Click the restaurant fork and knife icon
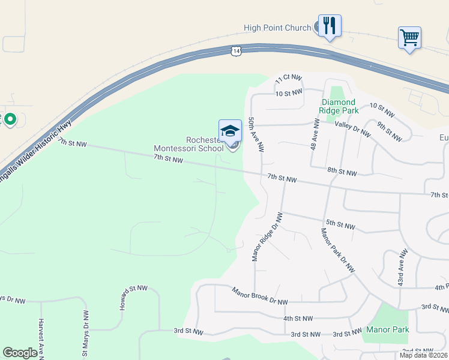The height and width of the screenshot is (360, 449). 330,25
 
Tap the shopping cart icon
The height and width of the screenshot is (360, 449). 409,38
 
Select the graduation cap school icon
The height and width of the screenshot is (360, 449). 230,130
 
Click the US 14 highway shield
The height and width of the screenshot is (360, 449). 238,51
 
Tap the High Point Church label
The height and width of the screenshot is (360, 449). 277,28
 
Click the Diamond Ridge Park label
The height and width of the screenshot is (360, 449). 339,106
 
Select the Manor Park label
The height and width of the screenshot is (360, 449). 388,329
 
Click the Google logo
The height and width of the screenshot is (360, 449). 20,353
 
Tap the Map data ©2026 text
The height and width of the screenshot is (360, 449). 423,355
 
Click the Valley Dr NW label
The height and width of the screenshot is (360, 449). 353,128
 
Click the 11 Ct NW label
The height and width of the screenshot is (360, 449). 288,78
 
